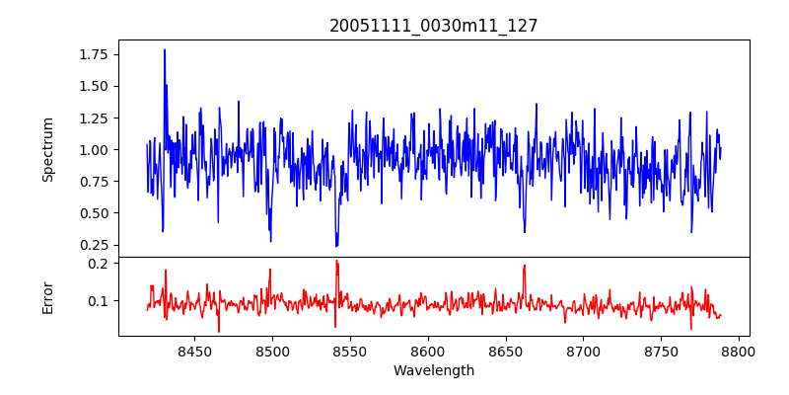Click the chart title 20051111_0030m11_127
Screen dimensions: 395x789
click(434, 26)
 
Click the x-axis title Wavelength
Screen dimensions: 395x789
click(434, 370)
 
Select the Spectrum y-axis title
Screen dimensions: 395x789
click(48, 149)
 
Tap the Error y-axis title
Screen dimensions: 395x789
click(48, 296)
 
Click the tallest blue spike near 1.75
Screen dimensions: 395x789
click(165, 50)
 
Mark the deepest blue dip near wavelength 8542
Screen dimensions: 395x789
click(336, 245)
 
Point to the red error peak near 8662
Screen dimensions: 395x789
click(525, 266)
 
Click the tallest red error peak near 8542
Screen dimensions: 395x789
click(336, 262)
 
